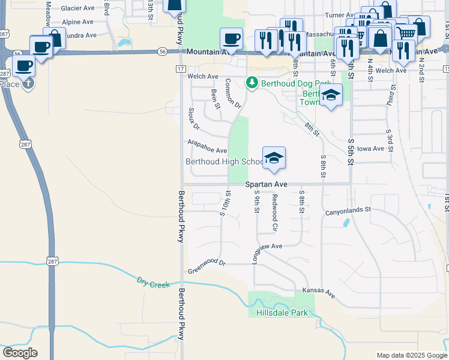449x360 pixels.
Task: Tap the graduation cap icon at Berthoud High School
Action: [274, 157]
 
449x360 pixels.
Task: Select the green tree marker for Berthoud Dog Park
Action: [253, 83]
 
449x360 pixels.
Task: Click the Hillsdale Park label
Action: [282, 313]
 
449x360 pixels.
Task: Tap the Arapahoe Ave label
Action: [207, 146]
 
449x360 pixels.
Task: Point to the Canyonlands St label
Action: [349, 211]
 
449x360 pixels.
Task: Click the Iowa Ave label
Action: [370, 148]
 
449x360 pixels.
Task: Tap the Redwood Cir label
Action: [274, 213]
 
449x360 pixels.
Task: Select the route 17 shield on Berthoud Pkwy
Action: [180, 70]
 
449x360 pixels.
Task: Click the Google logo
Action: [20, 353]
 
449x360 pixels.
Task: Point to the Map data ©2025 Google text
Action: [411, 355]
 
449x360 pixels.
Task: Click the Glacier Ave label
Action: [77, 9]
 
